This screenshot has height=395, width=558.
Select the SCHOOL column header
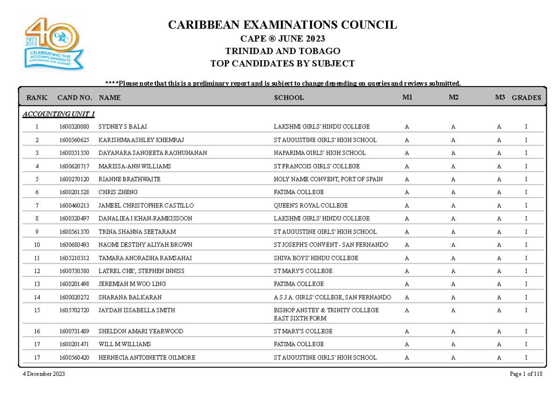pyautogui.click(x=289, y=98)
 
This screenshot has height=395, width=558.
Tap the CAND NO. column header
pyautogui.click(x=74, y=98)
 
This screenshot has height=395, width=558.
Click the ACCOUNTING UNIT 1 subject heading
pyautogui.click(x=59, y=114)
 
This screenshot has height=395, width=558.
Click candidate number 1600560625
pyautogui.click(x=74, y=140)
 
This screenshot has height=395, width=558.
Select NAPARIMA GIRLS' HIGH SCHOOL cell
pyautogui.click(x=320, y=153)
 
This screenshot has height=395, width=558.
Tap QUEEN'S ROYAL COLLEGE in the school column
pyautogui.click(x=311, y=205)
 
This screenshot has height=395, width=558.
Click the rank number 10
pyautogui.click(x=37, y=245)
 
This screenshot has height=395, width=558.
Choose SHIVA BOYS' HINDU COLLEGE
pyautogui.click(x=316, y=258)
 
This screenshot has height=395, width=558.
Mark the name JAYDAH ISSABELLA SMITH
pyautogui.click(x=130, y=310)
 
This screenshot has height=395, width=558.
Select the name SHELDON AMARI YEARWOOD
pyautogui.click(x=140, y=331)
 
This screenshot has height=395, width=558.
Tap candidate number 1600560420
pyautogui.click(x=74, y=358)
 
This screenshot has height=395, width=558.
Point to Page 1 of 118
pyautogui.click(x=526, y=375)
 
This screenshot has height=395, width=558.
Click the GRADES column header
pyautogui.click(x=526, y=98)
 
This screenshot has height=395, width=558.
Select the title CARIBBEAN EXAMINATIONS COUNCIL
pyautogui.click(x=283, y=25)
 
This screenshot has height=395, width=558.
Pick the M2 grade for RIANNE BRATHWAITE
pyautogui.click(x=453, y=179)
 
